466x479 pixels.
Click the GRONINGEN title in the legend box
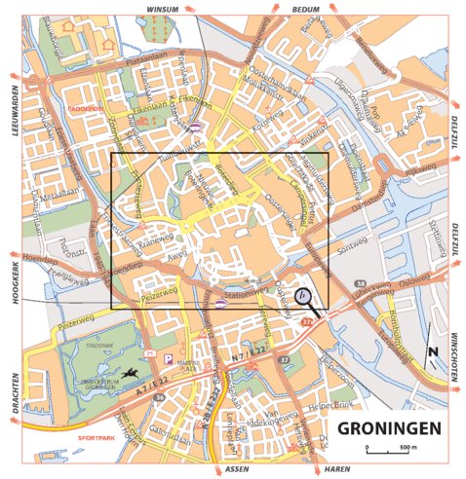(389, 427)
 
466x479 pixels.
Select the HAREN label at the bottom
(336, 468)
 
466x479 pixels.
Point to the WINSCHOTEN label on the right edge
(454, 359)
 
